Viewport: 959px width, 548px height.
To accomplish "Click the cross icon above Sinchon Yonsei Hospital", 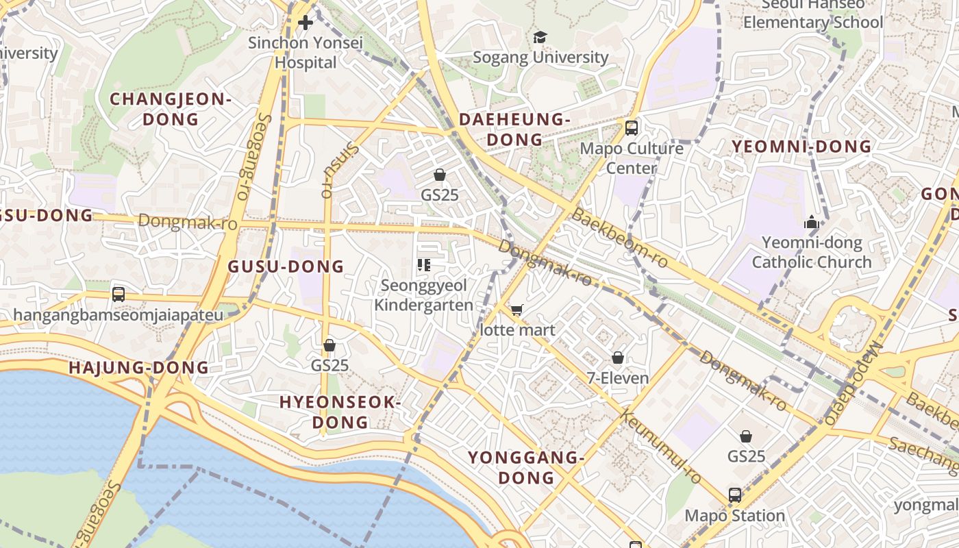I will [x=306, y=23].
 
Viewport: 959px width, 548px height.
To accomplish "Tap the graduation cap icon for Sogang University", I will [x=540, y=37].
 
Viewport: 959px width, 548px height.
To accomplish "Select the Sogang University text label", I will [x=540, y=57].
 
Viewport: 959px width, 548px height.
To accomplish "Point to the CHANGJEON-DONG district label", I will [x=171, y=109].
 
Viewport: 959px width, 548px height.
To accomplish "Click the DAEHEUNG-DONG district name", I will [x=514, y=129].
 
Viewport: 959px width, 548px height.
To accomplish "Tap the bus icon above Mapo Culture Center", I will [x=632, y=127].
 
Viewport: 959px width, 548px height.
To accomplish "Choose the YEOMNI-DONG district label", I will [x=801, y=147].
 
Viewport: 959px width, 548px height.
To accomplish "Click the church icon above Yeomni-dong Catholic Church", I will [x=812, y=223].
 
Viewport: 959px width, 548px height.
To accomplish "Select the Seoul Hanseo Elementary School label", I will [x=813, y=14].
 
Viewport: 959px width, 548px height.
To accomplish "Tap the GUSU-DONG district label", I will [x=286, y=267].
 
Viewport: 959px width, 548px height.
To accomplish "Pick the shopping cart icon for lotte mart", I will [x=517, y=310].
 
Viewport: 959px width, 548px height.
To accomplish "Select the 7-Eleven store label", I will [x=617, y=377].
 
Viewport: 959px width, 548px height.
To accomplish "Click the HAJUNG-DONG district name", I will [x=138, y=368].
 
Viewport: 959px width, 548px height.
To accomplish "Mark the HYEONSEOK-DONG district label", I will [x=339, y=412].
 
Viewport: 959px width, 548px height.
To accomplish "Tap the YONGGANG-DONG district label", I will [x=526, y=467].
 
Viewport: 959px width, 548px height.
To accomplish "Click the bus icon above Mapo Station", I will [x=735, y=495].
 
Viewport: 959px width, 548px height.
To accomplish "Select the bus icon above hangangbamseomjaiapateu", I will [x=119, y=295].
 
